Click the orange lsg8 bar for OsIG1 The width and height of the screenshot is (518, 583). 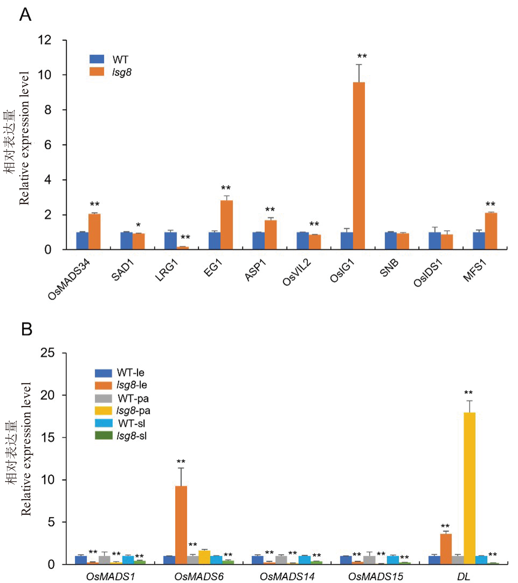pyautogui.click(x=359, y=165)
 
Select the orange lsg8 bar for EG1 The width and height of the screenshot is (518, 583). pyautogui.click(x=227, y=225)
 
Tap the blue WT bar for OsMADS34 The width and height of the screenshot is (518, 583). pyautogui.click(x=82, y=241)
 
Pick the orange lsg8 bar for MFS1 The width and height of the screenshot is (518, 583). pyautogui.click(x=491, y=231)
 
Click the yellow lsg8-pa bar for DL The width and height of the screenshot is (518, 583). pyautogui.click(x=470, y=488)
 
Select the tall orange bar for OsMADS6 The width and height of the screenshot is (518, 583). pyautogui.click(x=181, y=525)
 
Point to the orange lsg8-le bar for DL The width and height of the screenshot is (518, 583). pyautogui.click(x=446, y=549)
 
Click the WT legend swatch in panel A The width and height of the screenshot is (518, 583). pyautogui.click(x=97, y=59)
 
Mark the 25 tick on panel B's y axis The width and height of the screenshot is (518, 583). pyautogui.click(x=47, y=353)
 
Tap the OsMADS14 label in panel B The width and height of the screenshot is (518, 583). pyautogui.click(x=287, y=577)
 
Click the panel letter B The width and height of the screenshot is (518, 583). pyautogui.click(x=27, y=329)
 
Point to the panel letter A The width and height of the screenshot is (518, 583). pyautogui.click(x=25, y=14)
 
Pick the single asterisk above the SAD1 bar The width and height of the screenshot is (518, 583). pyautogui.click(x=138, y=225)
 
